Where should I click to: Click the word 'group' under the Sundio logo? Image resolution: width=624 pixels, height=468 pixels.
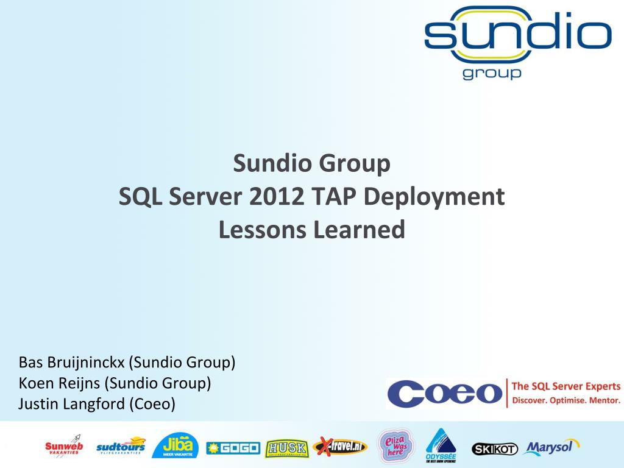point(492,73)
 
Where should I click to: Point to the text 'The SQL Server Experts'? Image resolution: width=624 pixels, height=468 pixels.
point(565,386)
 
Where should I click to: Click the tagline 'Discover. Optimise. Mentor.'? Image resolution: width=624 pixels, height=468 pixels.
point(565,400)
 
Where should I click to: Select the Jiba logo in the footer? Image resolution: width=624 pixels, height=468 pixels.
point(175,446)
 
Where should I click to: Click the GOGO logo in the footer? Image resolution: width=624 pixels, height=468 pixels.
point(233,448)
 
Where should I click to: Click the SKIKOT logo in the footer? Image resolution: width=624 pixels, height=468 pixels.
point(494,449)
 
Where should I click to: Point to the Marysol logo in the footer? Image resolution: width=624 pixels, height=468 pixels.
point(550,447)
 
